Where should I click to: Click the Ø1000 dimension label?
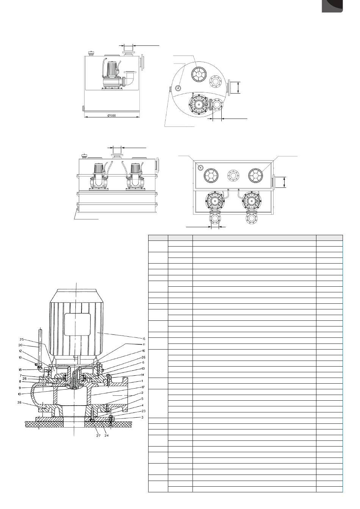coord(112,116)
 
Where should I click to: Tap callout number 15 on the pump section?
coord(144,339)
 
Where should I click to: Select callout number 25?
coord(22,339)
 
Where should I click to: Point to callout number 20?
coord(20,345)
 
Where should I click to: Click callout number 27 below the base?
coord(98,436)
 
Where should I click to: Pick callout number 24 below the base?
coord(106,436)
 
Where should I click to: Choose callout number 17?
coord(143,387)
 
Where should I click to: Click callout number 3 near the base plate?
coord(142,417)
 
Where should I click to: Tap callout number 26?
coord(144,358)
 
